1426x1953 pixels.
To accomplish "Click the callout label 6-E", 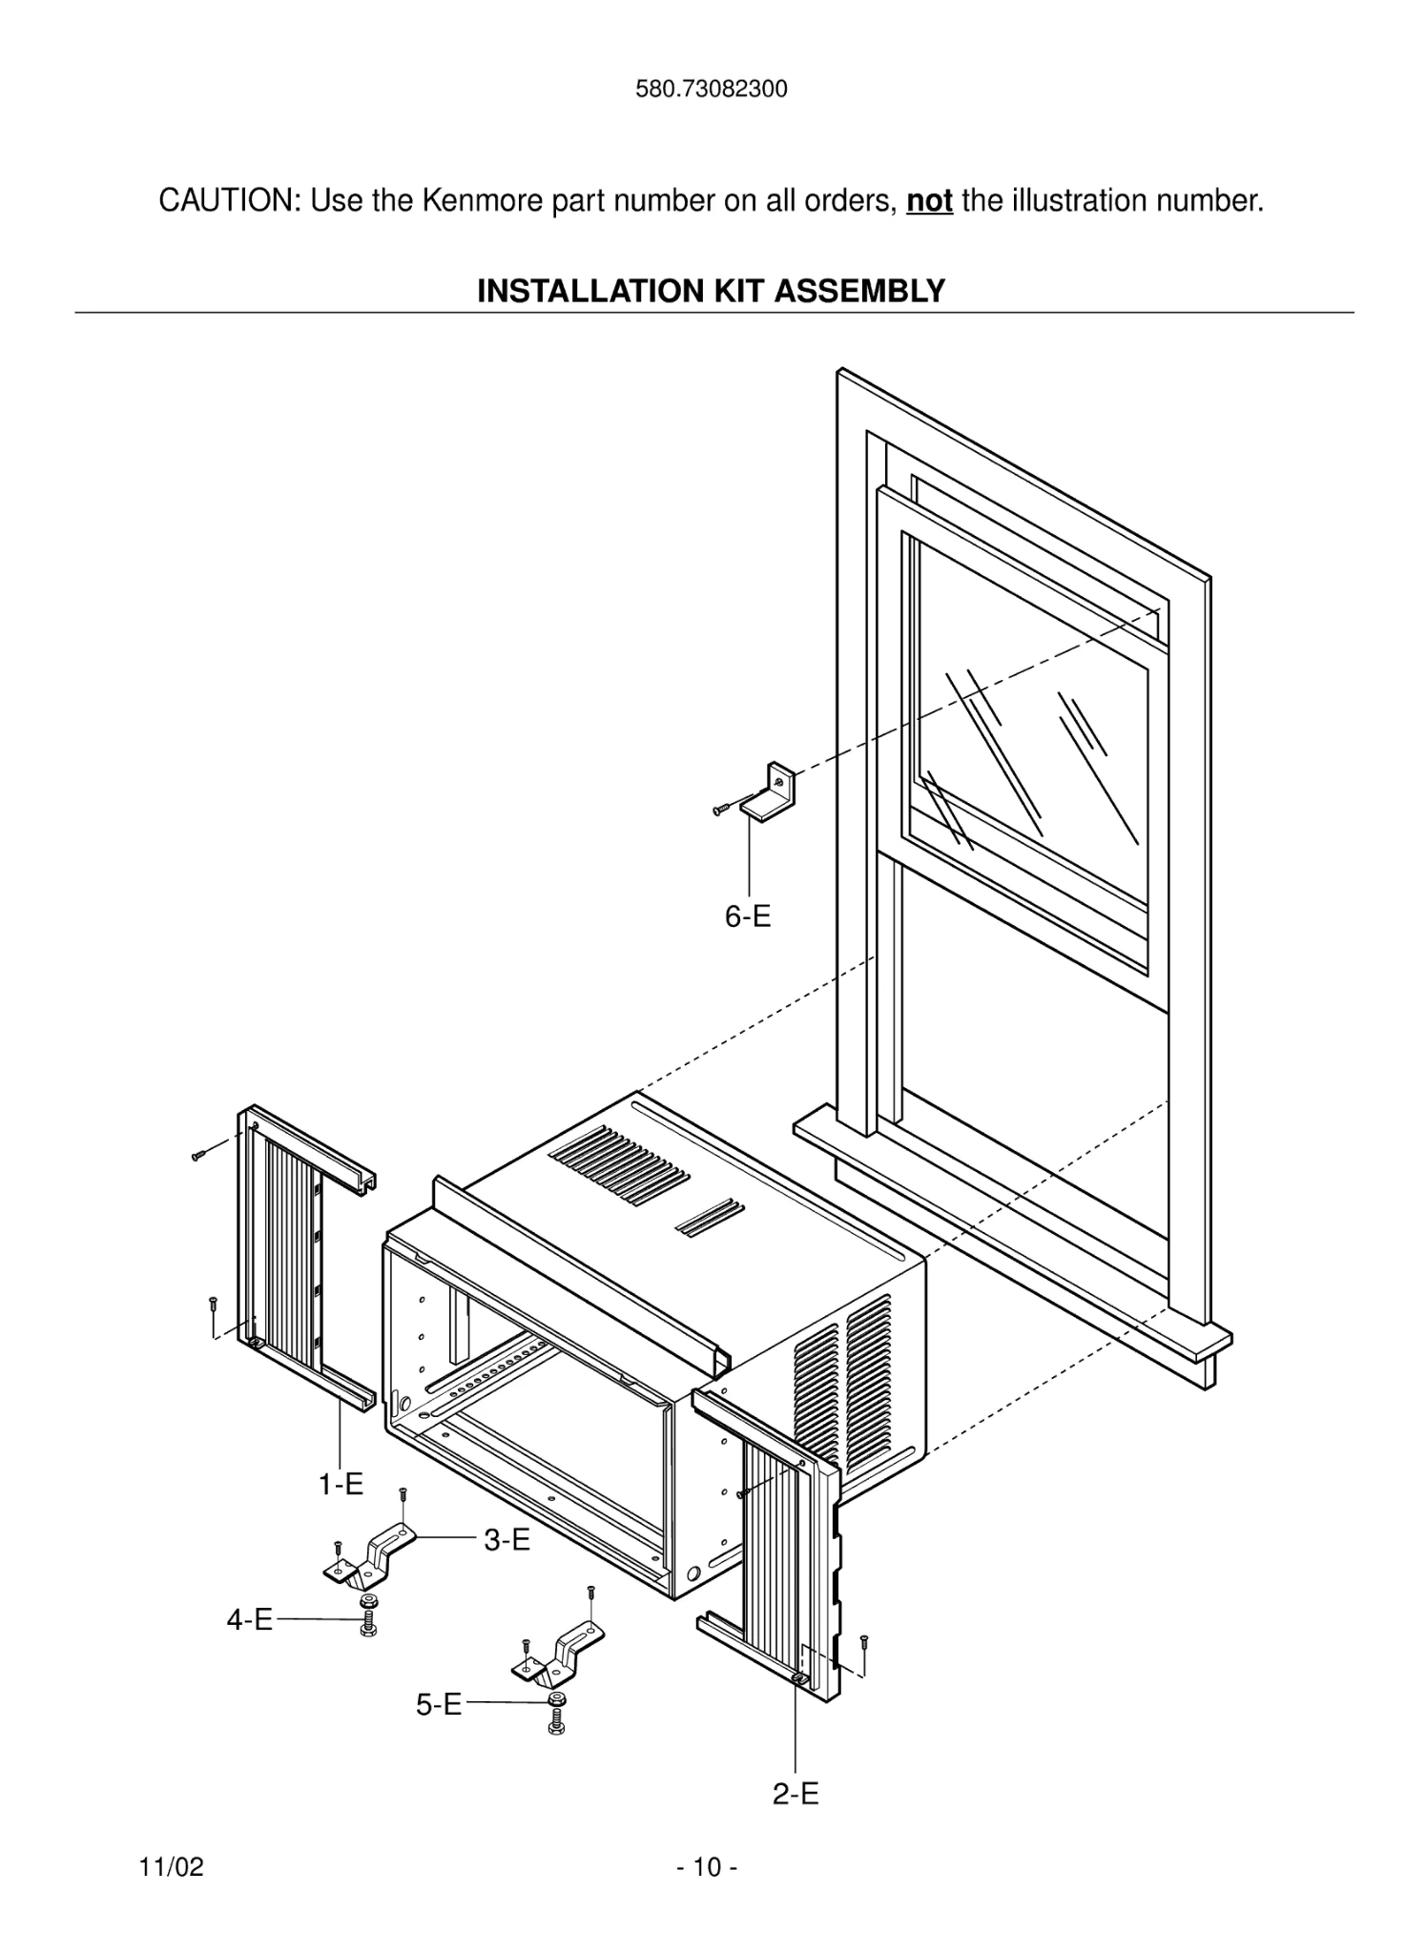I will tap(747, 916).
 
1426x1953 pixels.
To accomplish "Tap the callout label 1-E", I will tap(341, 1485).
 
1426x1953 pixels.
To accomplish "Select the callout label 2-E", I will tap(796, 1794).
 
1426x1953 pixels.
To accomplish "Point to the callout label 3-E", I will tap(506, 1539).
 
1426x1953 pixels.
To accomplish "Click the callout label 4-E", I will tap(249, 1619).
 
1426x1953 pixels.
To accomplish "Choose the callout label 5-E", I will tap(438, 1704).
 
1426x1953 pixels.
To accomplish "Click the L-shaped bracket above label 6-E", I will tap(771, 792).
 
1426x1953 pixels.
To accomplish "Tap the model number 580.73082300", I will tap(712, 90).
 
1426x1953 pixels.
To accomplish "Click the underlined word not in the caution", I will tap(928, 202).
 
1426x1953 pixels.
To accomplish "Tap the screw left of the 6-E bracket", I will tap(723, 809).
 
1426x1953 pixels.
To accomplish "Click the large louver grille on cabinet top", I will tap(618, 1162).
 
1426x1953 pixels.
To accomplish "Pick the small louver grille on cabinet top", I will tap(710, 1218).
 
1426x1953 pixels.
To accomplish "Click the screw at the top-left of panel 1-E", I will tap(199, 1155).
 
